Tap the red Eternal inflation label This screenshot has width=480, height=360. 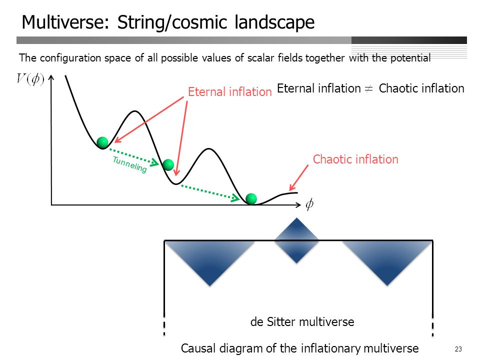pyautogui.click(x=230, y=92)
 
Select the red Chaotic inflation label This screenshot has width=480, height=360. pyautogui.click(x=355, y=159)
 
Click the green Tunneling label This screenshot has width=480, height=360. pyautogui.click(x=129, y=164)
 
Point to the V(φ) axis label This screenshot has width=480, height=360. pyautogui.click(x=30, y=79)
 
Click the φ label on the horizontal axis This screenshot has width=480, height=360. pyautogui.click(x=309, y=204)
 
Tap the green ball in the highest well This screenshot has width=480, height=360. pyautogui.click(x=102, y=142)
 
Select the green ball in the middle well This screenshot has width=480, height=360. pyautogui.click(x=168, y=164)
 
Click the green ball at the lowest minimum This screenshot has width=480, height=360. pyautogui.click(x=251, y=198)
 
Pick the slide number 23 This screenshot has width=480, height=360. pyautogui.click(x=458, y=349)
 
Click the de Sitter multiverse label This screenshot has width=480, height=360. pyautogui.click(x=302, y=321)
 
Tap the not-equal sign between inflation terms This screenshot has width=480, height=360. pyautogui.click(x=369, y=88)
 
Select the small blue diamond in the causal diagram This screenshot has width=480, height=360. pyautogui.click(x=296, y=240)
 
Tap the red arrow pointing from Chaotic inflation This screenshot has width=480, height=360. pyautogui.click(x=299, y=178)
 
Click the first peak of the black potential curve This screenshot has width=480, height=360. pyautogui.click(x=134, y=111)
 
